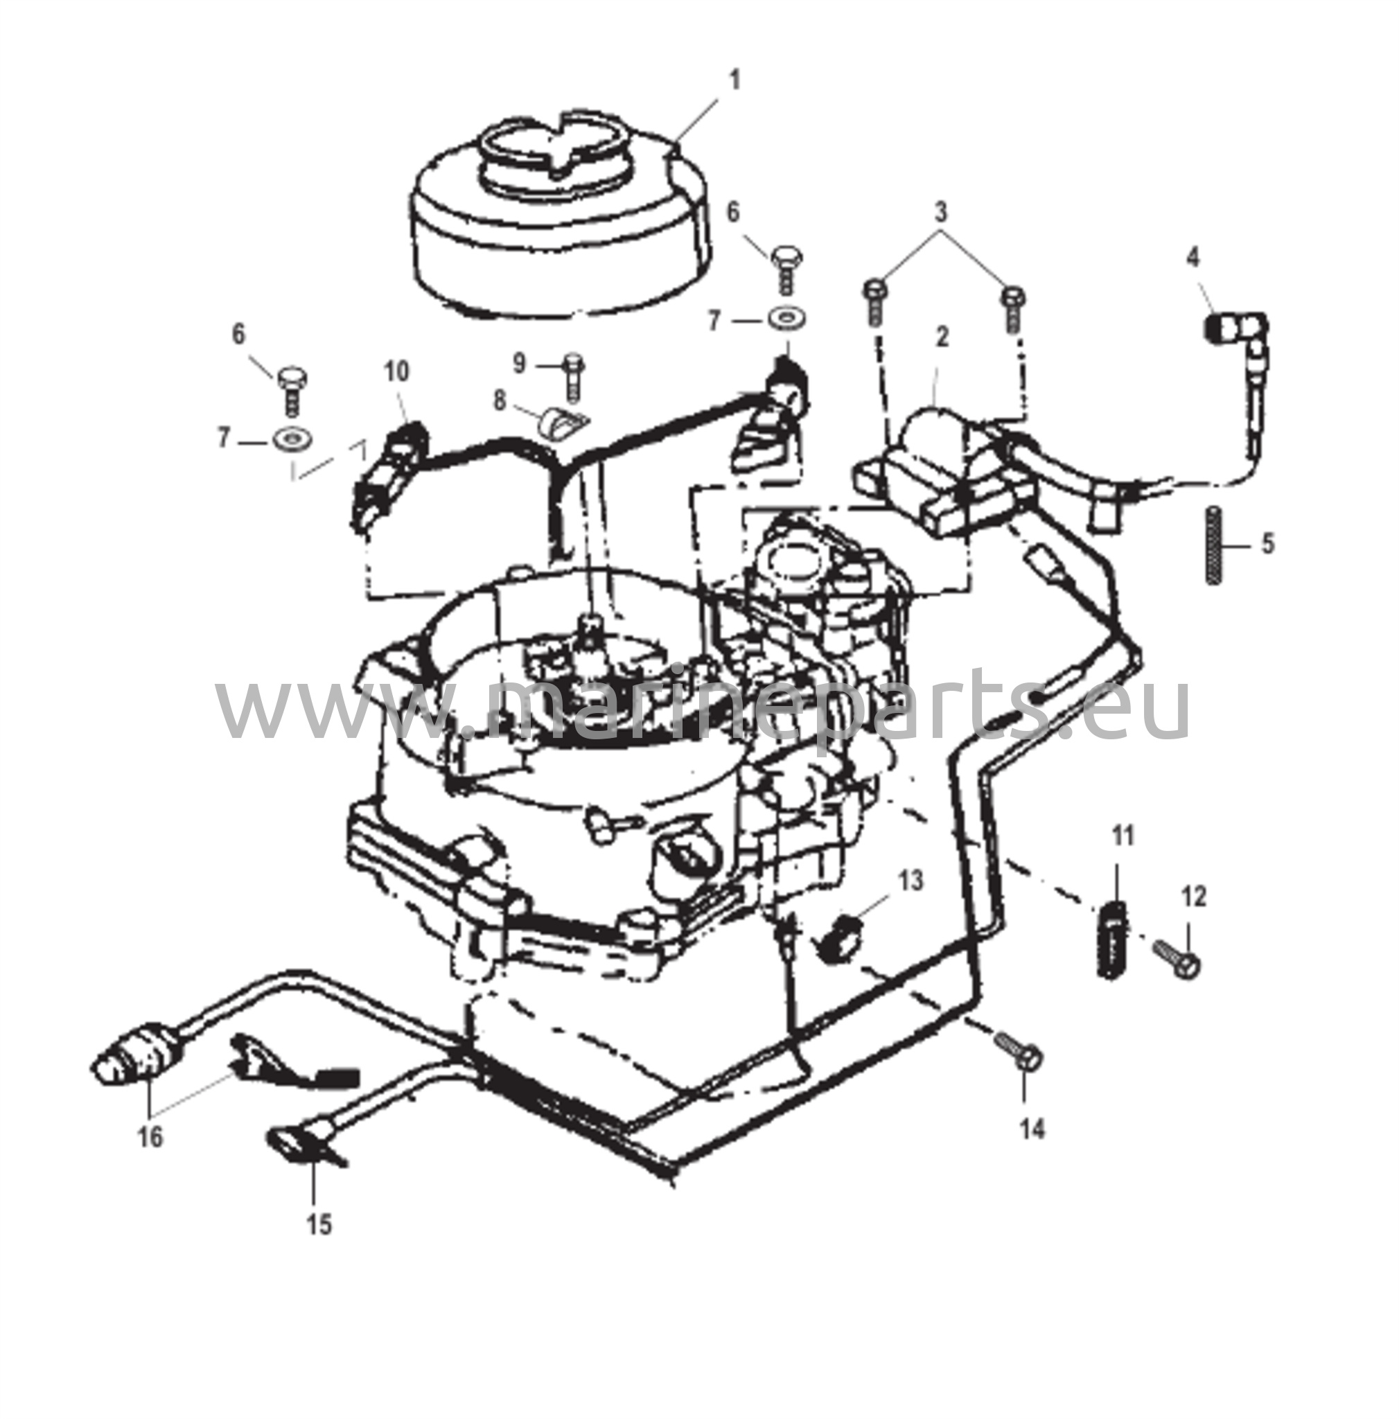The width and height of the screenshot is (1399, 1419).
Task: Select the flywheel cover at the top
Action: click(562, 220)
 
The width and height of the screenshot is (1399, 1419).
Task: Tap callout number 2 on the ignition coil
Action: click(942, 337)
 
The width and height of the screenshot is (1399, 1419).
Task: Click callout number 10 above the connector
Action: click(396, 371)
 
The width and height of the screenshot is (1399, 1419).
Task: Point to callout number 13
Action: click(910, 881)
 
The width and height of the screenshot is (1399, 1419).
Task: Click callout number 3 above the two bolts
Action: click(941, 213)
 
